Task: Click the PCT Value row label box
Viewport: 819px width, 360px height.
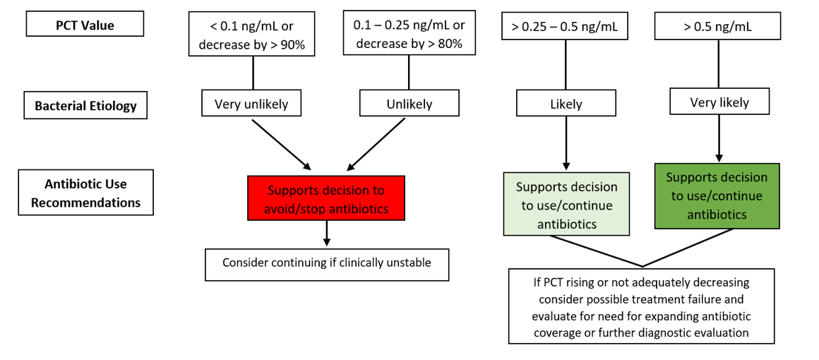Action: click(85, 24)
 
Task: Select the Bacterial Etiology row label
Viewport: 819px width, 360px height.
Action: click(85, 106)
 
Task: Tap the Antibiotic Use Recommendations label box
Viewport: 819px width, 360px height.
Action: click(85, 192)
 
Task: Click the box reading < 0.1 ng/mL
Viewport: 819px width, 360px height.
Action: click(253, 33)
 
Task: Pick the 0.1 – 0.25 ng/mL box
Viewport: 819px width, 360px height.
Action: click(409, 32)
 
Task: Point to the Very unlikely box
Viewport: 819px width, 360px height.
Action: click(251, 104)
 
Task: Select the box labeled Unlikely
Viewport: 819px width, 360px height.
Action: click(409, 104)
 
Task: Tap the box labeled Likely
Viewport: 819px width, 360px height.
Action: click(566, 104)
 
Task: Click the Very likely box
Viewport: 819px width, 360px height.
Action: click(719, 102)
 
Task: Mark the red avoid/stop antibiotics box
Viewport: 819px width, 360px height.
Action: click(326, 198)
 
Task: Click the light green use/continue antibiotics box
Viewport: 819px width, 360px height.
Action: click(566, 205)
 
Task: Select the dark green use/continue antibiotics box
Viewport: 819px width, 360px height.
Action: click(717, 196)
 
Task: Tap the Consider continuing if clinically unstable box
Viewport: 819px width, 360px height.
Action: click(327, 265)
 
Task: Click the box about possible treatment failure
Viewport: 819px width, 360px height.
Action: click(641, 306)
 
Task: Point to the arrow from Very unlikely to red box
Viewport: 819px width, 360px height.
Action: click(282, 144)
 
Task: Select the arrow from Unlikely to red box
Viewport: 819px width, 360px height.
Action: click(376, 144)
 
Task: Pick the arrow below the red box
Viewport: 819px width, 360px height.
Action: click(327, 232)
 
